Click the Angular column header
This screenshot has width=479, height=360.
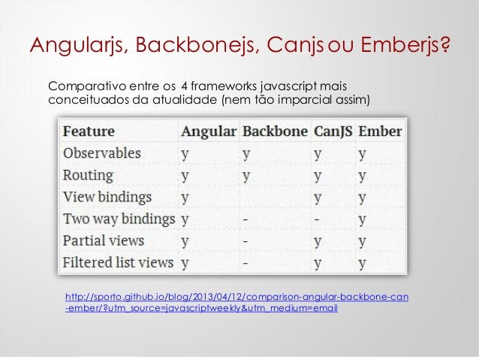click(208, 131)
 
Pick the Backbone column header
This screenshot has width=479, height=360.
click(275, 131)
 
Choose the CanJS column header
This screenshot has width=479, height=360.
click(333, 131)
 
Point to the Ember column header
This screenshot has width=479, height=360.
click(380, 131)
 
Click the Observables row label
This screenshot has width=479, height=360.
click(102, 153)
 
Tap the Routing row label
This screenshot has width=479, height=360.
click(89, 175)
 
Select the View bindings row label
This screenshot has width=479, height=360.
click(107, 198)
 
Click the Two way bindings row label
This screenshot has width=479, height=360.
click(119, 219)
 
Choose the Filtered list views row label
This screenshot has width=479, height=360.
click(119, 264)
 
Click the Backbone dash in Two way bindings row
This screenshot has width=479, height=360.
click(246, 219)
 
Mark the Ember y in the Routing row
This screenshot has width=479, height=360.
click(363, 176)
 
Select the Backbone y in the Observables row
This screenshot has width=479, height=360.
click(246, 154)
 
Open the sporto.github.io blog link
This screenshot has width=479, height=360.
click(237, 302)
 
